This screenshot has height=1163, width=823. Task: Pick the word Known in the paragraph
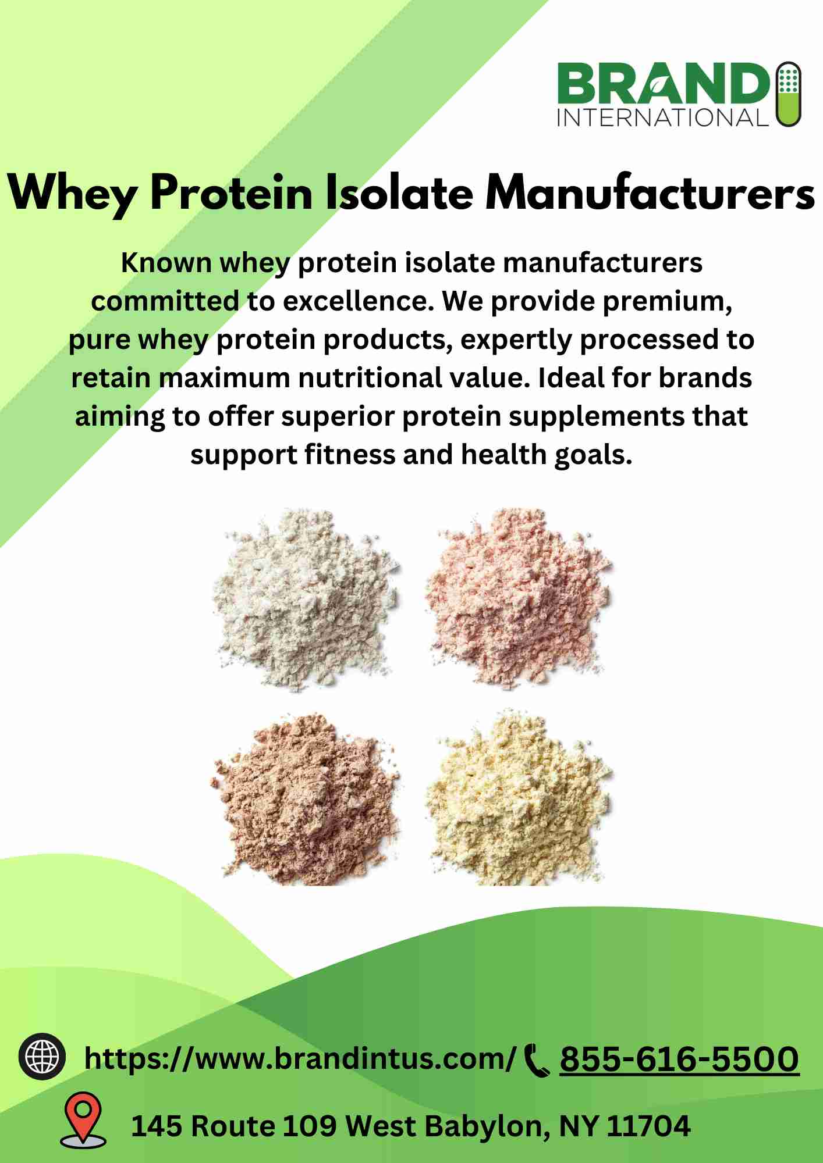pyautogui.click(x=166, y=263)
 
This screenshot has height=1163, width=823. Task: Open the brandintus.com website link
pyautogui.click(x=300, y=1058)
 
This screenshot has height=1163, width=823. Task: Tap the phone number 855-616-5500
pyautogui.click(x=679, y=1058)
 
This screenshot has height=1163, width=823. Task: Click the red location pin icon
pyautogui.click(x=84, y=1118)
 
